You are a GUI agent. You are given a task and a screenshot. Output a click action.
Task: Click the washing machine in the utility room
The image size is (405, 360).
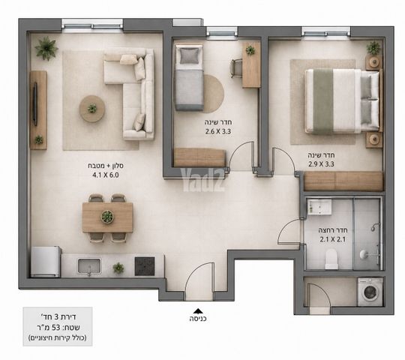tap(370, 292)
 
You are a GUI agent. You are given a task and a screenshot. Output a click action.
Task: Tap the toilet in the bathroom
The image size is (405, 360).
tap(331, 259)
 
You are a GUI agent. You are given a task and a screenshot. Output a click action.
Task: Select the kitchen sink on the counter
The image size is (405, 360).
tap(89, 266)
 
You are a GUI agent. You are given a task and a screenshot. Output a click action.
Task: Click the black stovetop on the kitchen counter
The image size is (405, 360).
tap(145, 266)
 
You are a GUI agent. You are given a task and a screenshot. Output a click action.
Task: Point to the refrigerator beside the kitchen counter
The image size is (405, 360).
tap(46, 262)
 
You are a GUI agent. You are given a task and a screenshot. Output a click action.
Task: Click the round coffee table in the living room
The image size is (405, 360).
tap(92, 109)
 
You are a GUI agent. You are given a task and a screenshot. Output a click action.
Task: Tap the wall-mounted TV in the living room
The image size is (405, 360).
tap(35, 104)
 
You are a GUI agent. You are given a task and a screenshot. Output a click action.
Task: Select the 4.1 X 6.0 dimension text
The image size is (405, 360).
tap(106, 175)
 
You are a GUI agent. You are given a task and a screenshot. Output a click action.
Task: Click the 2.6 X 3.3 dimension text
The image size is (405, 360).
tap(218, 131)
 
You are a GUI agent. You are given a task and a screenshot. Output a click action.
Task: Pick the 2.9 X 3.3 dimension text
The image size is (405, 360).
tap(321, 163)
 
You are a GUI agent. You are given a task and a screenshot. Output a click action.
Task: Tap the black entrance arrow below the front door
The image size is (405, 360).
tap(197, 310)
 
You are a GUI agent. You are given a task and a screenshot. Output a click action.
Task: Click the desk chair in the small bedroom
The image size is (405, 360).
tap(236, 68)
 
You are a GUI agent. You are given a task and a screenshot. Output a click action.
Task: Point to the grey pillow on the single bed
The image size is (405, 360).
tap(190, 55)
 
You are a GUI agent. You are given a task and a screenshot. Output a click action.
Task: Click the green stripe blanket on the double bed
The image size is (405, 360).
tap(323, 101)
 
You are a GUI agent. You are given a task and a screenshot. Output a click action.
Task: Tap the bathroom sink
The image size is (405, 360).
tap(319, 206)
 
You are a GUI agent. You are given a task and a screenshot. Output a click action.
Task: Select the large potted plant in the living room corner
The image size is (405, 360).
tap(46, 48)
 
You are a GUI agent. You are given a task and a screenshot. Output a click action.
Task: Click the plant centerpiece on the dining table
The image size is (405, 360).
tap(107, 217)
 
